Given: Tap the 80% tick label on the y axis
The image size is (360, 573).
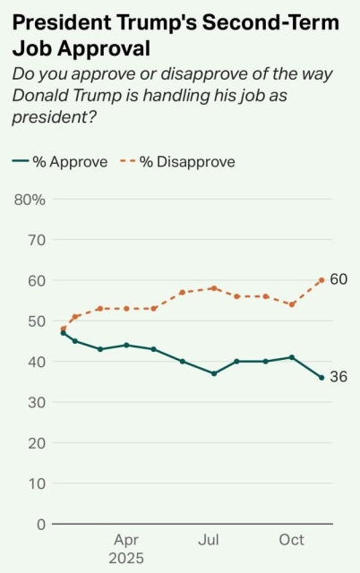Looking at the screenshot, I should pos(30,199).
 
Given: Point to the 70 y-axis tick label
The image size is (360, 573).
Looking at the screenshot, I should pos(36,240).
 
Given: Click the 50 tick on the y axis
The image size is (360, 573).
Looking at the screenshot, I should pos(36,321).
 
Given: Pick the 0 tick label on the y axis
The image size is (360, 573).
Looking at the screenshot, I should pos(40,524).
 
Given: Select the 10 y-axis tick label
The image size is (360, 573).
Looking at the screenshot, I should pos(36,483).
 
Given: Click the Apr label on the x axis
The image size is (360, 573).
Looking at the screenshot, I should pos(126,540).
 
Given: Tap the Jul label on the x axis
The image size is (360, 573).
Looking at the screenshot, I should pos(209,540).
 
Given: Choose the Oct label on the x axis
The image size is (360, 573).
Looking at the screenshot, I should pos(292,540).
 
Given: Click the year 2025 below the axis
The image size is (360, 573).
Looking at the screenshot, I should pos(126,558).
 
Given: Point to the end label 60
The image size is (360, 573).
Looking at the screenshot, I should pos(339,279).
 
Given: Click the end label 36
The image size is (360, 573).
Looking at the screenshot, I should pos(339,377).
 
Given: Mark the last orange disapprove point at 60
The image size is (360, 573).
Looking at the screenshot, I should pos(321,280).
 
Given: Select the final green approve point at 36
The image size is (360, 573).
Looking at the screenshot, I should pos(321,378).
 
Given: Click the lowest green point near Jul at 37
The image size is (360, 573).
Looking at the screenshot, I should pos(214,373).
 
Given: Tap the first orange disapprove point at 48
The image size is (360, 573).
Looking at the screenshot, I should pos(63,329).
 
